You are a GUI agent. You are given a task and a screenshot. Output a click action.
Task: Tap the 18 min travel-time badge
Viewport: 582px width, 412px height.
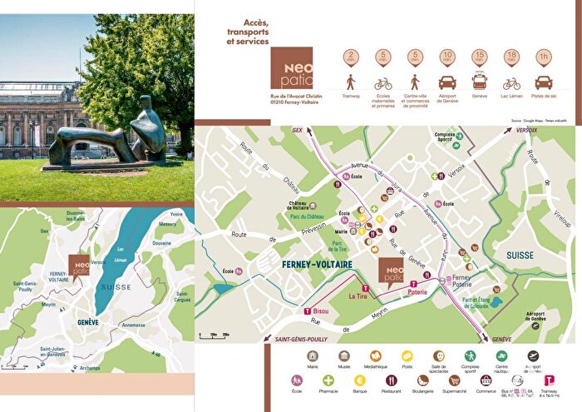(x=511, y=58)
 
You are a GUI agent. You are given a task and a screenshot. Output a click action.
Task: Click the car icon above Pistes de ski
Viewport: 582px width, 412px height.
(x=543, y=82)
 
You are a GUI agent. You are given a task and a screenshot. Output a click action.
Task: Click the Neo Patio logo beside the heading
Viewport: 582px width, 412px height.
(x=292, y=67)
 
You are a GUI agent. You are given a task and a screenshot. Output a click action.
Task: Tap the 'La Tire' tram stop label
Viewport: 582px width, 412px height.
(x=359, y=295)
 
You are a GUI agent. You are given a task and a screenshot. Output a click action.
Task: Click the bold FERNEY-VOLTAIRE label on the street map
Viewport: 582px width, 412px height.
(x=318, y=265)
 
